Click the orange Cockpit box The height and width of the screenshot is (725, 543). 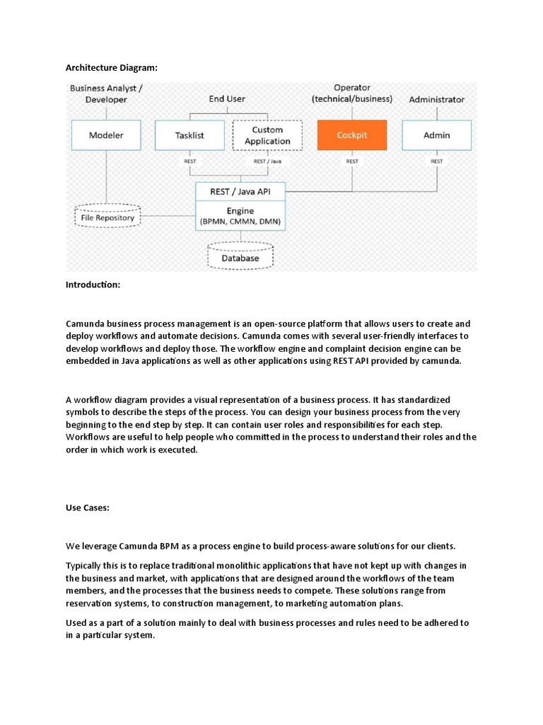coord(352,135)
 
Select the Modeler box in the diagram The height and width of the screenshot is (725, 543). coord(106,135)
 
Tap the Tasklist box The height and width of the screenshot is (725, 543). coord(189,135)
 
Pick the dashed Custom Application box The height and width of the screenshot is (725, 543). coord(267,135)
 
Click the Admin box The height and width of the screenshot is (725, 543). coord(437,135)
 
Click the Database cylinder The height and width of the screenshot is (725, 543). coord(240,257)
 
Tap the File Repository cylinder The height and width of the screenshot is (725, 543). coord(107,217)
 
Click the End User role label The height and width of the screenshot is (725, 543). coord(227,99)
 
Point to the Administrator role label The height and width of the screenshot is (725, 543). coord(437,100)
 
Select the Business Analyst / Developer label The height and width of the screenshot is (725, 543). coord(105,93)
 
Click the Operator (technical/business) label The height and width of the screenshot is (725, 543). coord(352,93)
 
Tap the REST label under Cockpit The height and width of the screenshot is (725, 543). coord(352,161)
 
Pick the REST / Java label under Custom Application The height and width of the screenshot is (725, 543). coord(267,161)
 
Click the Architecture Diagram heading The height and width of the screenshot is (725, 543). coord(112,67)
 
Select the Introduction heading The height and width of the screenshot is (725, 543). coord(93,285)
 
